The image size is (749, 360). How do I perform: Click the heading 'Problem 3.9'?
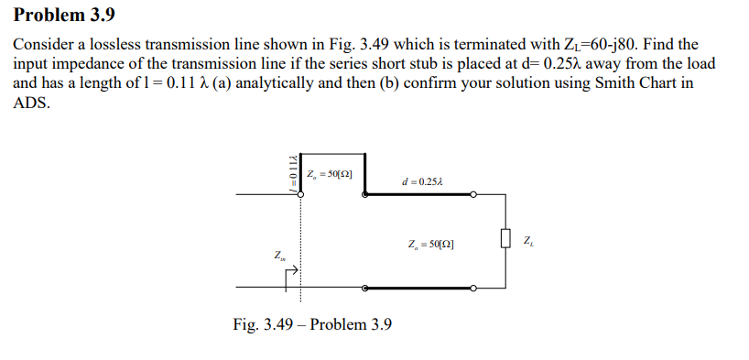coord(65,16)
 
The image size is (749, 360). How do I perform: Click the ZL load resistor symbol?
coord(505,241)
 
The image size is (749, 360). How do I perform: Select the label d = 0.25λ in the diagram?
coord(421,181)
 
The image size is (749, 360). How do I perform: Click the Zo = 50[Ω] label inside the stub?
coord(331,174)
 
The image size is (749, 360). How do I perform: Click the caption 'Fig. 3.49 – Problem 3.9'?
coord(312,324)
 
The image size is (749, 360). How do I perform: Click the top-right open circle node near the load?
coord(473,194)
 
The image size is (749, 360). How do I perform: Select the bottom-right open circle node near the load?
coord(473,288)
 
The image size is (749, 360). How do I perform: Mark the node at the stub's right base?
coord(365,194)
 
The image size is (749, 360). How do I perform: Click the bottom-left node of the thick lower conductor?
coord(365,288)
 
